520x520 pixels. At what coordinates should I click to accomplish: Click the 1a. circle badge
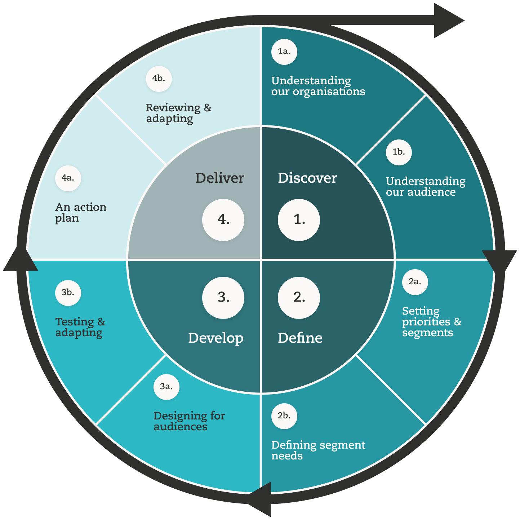coord(284,52)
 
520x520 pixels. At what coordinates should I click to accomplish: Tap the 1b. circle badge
coord(399,152)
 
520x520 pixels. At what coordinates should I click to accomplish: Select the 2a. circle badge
coord(415,282)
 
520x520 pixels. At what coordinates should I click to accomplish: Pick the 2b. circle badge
coord(284,416)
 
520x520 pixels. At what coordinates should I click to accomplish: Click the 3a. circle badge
coord(166,387)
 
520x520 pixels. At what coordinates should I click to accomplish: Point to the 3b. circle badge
coord(68,293)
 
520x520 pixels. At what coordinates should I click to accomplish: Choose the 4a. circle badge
coord(68,178)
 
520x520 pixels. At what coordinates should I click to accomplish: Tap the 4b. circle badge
coord(159,79)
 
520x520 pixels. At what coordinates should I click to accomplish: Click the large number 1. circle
coord(299,219)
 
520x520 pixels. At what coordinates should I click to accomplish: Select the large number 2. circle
coord(299,297)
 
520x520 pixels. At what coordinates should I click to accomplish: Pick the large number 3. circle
coord(223,297)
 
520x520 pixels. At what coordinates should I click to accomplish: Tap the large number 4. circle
coord(223,219)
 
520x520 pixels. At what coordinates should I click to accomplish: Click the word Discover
coord(307,178)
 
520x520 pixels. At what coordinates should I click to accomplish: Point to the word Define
coord(300,338)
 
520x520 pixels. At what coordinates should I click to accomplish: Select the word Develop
coord(215,338)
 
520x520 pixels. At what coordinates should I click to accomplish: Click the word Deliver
coord(219,178)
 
